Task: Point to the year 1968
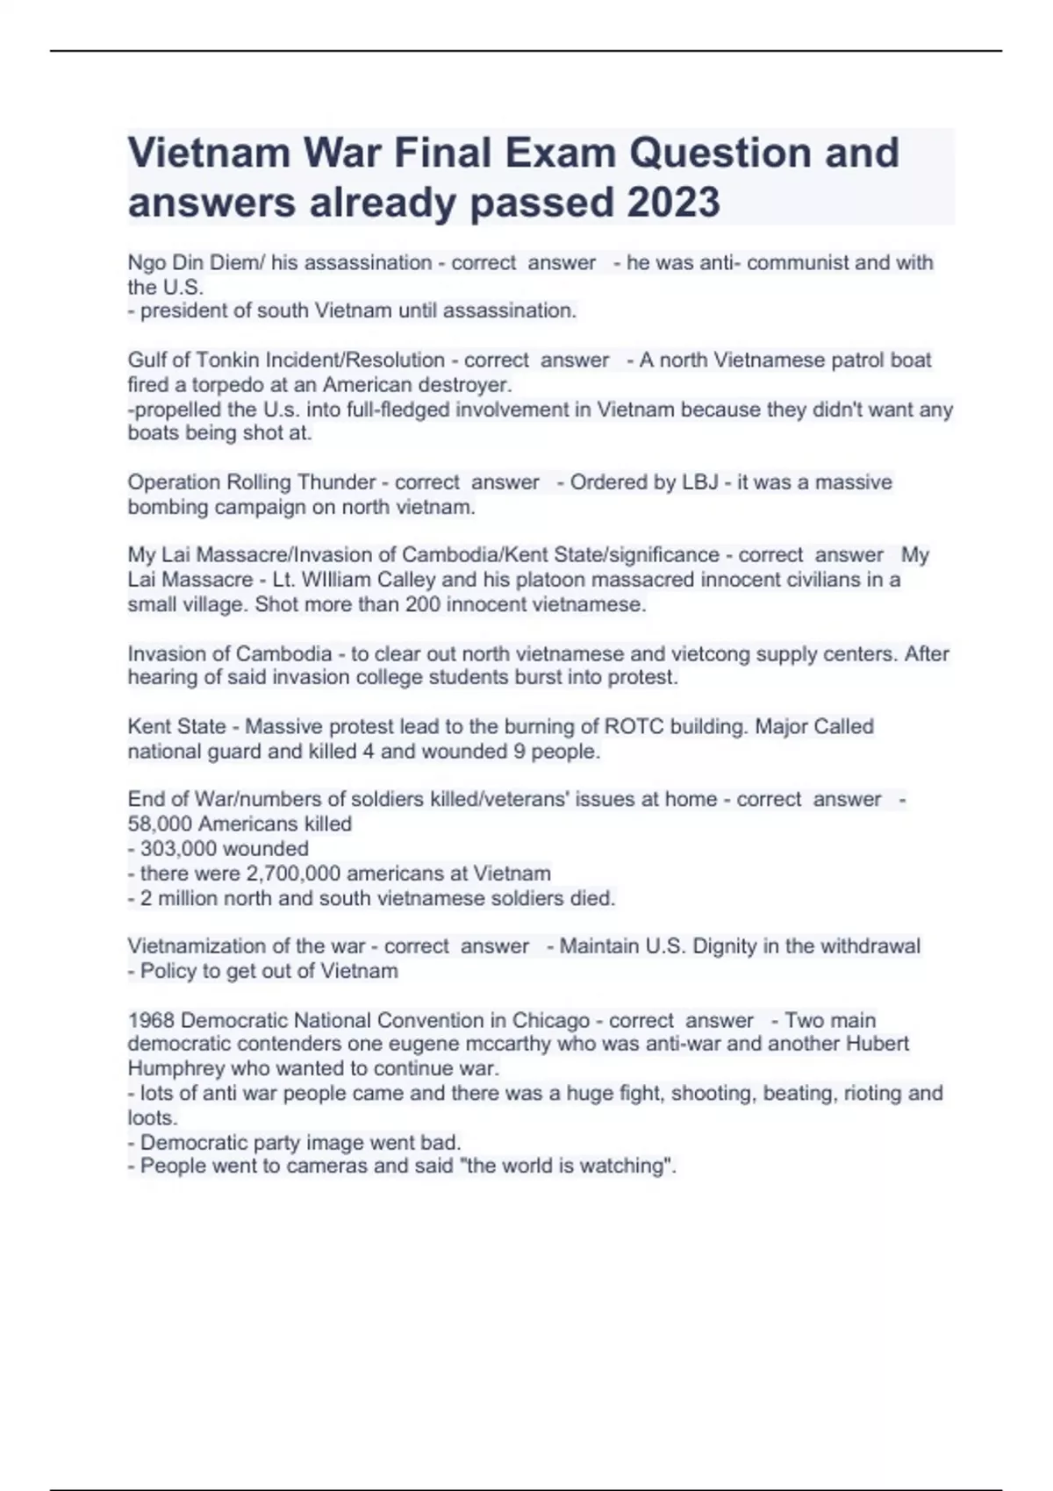tap(151, 1021)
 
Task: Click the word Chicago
tap(551, 1021)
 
